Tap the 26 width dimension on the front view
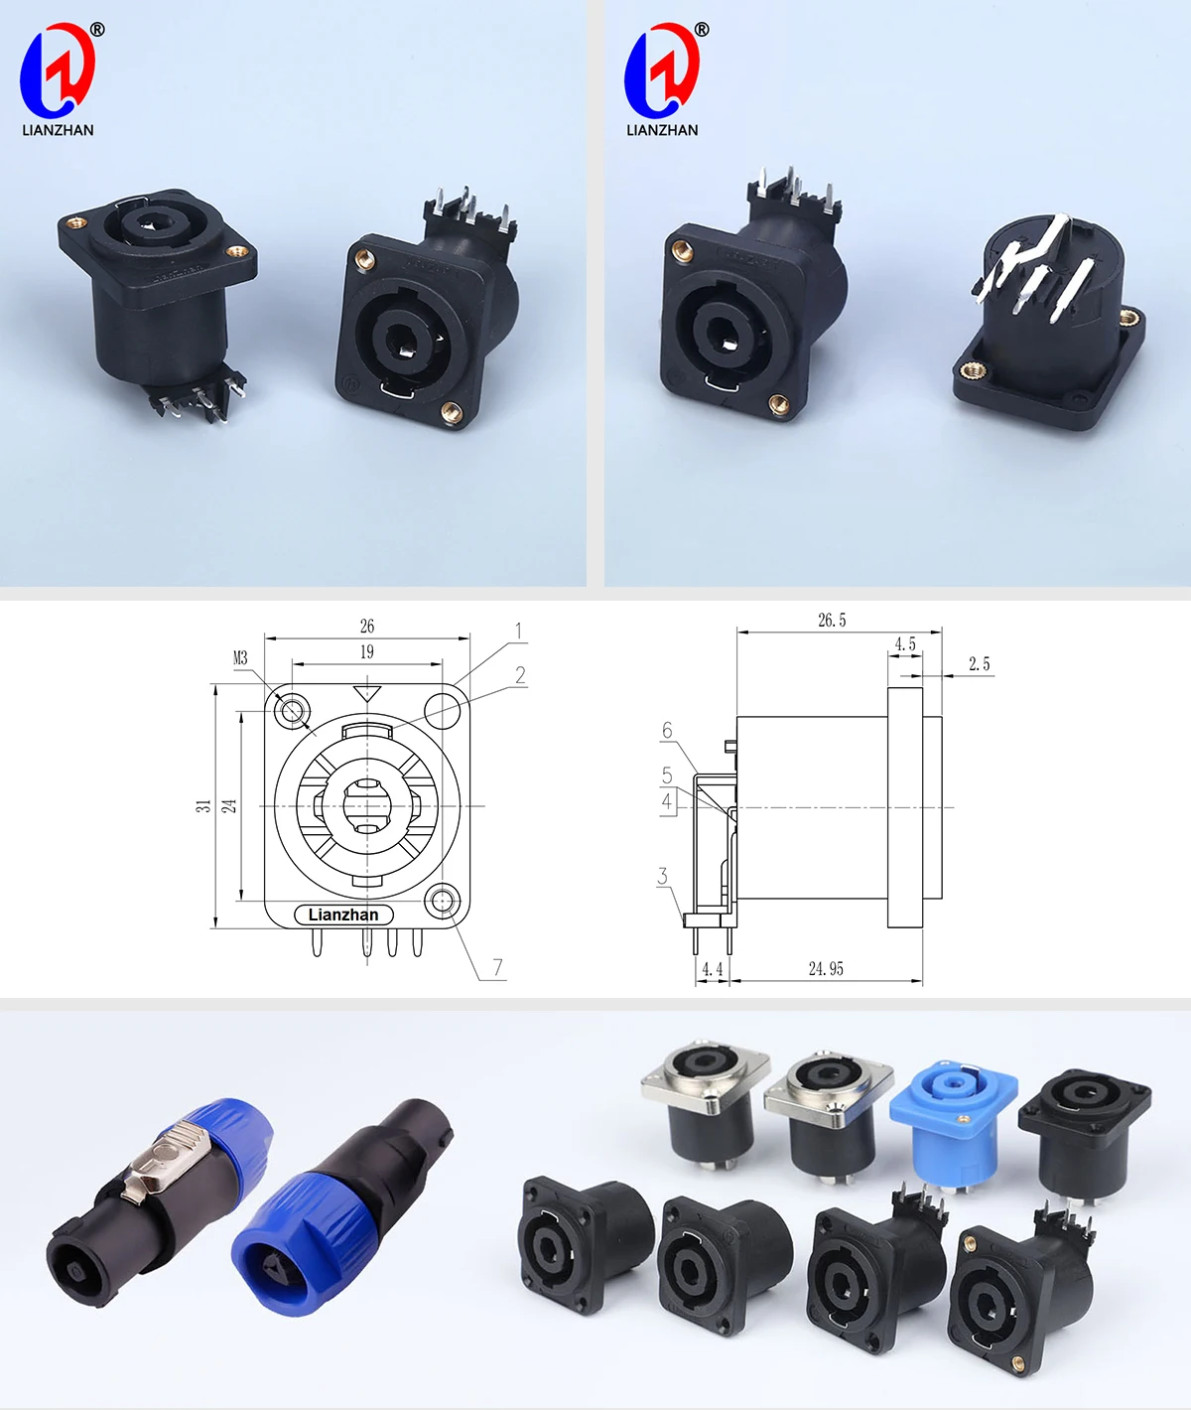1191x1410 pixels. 367,626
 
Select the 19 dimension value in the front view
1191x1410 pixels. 367,651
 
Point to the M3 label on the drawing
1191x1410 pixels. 240,658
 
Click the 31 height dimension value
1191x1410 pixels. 203,806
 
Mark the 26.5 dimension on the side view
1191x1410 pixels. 832,621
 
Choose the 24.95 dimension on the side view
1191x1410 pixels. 826,968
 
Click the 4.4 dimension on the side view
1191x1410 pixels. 712,968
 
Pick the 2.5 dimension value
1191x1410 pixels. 979,664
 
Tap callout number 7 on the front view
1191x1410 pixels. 497,966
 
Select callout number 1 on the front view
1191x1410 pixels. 518,632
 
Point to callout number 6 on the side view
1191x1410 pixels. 667,731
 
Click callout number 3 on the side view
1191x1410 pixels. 662,876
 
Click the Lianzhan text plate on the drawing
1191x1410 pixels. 343,915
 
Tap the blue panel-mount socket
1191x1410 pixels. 953,1118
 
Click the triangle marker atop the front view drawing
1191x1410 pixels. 367,693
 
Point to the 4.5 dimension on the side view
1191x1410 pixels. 905,644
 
